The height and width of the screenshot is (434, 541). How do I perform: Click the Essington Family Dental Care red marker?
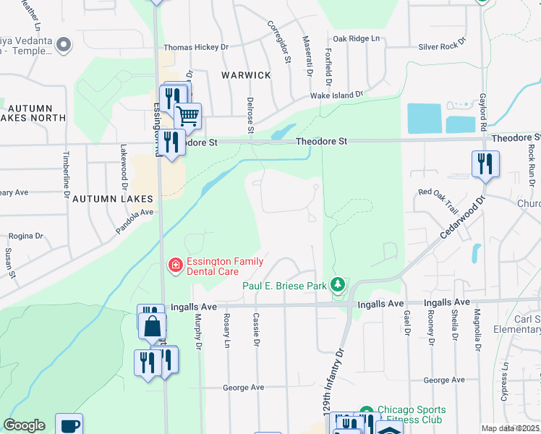click(x=174, y=266)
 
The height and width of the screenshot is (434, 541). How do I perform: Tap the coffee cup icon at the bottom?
click(x=69, y=425)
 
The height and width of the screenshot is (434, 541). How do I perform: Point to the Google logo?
click(x=24, y=425)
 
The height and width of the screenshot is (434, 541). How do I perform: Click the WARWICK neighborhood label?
click(x=247, y=75)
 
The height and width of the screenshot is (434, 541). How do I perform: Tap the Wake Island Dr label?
click(x=336, y=95)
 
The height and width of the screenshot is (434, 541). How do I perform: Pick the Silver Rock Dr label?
click(x=443, y=46)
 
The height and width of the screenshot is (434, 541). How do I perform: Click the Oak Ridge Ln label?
click(x=356, y=38)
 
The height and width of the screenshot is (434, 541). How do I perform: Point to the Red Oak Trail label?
click(x=440, y=202)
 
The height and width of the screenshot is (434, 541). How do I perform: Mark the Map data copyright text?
click(x=511, y=428)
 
